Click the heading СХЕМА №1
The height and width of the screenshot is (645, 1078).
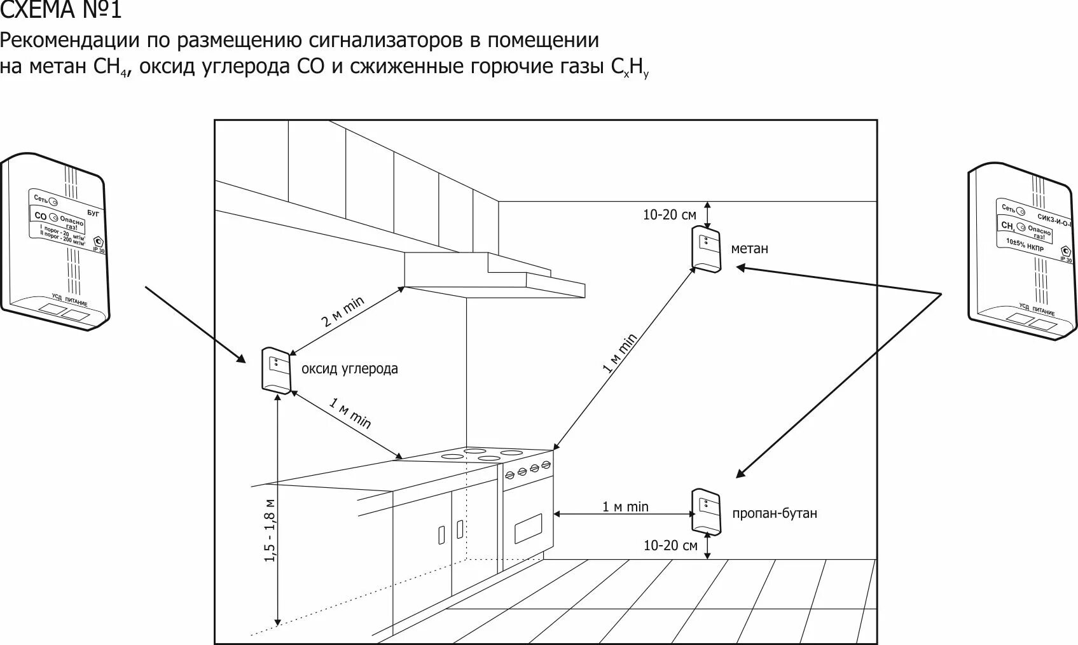[x=60, y=11]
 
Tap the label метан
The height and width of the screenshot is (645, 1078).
[x=749, y=249]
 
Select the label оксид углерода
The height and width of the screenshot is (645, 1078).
[x=349, y=369]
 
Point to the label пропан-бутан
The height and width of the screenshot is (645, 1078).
[x=774, y=513]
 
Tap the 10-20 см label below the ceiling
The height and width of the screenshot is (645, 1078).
[x=669, y=215]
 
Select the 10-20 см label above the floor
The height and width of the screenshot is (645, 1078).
[x=670, y=546]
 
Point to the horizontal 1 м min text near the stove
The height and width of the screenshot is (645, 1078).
[x=625, y=507]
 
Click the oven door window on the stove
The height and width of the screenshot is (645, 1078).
[x=528, y=529]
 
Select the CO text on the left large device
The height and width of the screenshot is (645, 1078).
[x=40, y=216]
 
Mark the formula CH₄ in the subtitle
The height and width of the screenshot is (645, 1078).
[x=112, y=67]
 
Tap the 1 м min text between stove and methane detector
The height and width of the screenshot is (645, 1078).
[x=619, y=354]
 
